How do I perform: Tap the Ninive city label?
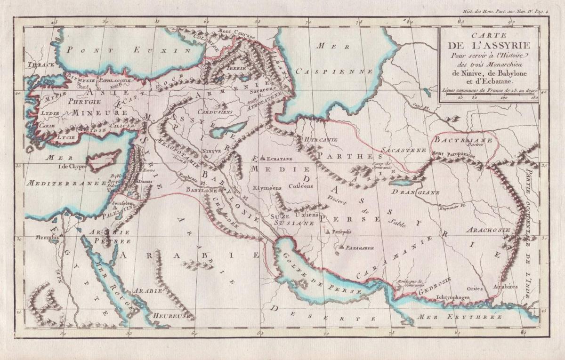211,151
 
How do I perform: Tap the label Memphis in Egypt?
48,238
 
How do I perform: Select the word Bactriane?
463,140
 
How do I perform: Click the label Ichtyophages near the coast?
442,297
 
